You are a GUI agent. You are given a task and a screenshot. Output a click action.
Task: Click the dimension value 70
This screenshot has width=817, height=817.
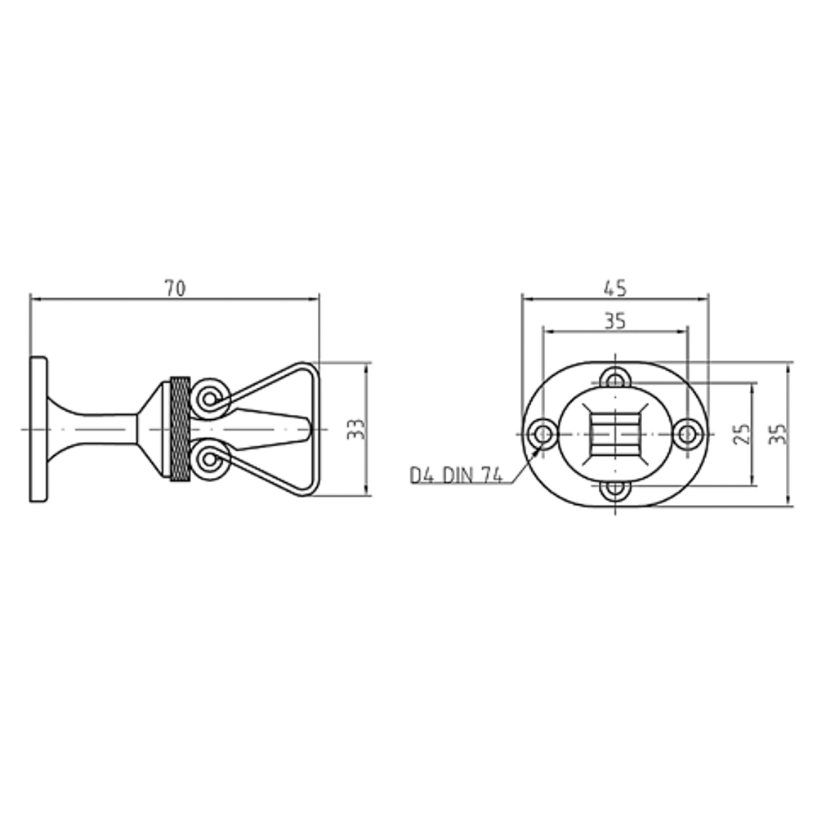[175, 288]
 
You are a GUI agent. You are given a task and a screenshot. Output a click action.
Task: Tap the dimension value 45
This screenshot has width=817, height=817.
[615, 288]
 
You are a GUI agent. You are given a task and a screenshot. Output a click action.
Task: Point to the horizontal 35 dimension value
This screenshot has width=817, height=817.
[615, 321]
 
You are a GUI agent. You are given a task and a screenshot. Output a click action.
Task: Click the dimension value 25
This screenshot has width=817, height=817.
[742, 434]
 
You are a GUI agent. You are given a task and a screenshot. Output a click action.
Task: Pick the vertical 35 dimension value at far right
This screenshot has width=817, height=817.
[778, 434]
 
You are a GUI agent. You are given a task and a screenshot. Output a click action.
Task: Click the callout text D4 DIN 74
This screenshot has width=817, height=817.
[457, 475]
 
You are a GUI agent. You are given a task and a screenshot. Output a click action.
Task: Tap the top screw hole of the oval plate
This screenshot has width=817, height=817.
[615, 380]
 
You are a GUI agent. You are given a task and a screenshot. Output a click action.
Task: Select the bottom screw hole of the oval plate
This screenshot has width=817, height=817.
[615, 489]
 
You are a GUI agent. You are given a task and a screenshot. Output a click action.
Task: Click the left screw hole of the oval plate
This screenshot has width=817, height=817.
[543, 434]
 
